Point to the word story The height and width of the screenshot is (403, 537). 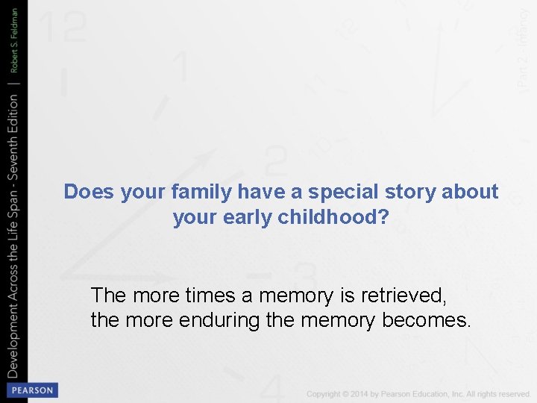click(408, 192)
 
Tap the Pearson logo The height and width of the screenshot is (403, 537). click(31, 390)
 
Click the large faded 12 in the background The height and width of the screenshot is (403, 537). click(64, 28)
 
